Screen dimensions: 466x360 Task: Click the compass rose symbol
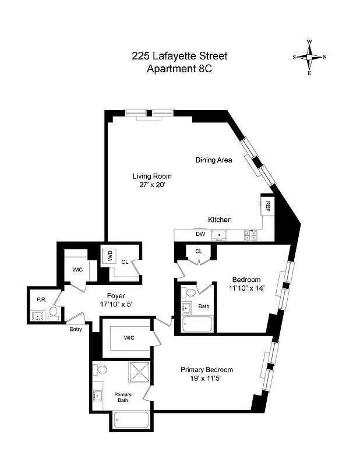309,57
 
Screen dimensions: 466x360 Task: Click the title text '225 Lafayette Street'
179,57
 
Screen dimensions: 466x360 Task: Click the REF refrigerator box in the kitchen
267,206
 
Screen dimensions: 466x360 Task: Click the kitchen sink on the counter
221,235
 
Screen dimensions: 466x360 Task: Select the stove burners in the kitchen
251,235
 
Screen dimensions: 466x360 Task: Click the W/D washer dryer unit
109,256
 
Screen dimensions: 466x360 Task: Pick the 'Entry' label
76,329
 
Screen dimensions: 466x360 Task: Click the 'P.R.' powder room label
41,299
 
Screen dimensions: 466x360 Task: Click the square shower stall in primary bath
139,371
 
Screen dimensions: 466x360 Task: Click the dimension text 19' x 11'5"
207,379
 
